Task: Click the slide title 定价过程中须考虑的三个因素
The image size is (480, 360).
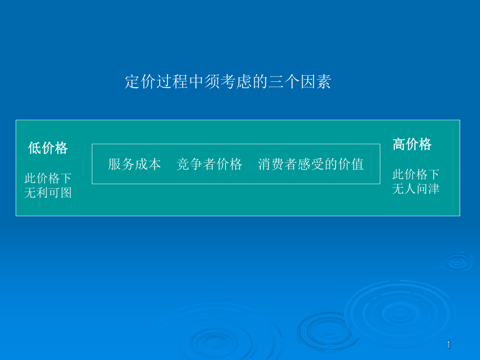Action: click(228, 82)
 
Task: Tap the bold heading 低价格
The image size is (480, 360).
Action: click(48, 148)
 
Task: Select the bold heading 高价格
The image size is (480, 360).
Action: click(412, 145)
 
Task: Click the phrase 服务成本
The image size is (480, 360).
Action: click(135, 164)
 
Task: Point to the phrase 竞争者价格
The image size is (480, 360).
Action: click(209, 164)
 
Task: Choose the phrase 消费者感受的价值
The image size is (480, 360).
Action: click(311, 164)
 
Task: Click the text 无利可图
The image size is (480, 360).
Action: click(48, 193)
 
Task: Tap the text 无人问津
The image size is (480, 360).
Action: click(416, 188)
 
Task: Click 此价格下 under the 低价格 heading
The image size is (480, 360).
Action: click(48, 178)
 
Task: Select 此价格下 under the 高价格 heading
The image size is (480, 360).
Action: click(416, 174)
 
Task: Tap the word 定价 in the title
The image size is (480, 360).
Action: click(140, 82)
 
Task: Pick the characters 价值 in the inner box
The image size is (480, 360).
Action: click(351, 164)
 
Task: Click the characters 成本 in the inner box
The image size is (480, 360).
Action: click(148, 164)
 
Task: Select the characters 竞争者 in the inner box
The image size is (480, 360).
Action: click(196, 164)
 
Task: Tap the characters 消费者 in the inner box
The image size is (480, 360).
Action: click(278, 164)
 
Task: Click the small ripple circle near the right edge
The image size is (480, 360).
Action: click(458, 261)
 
